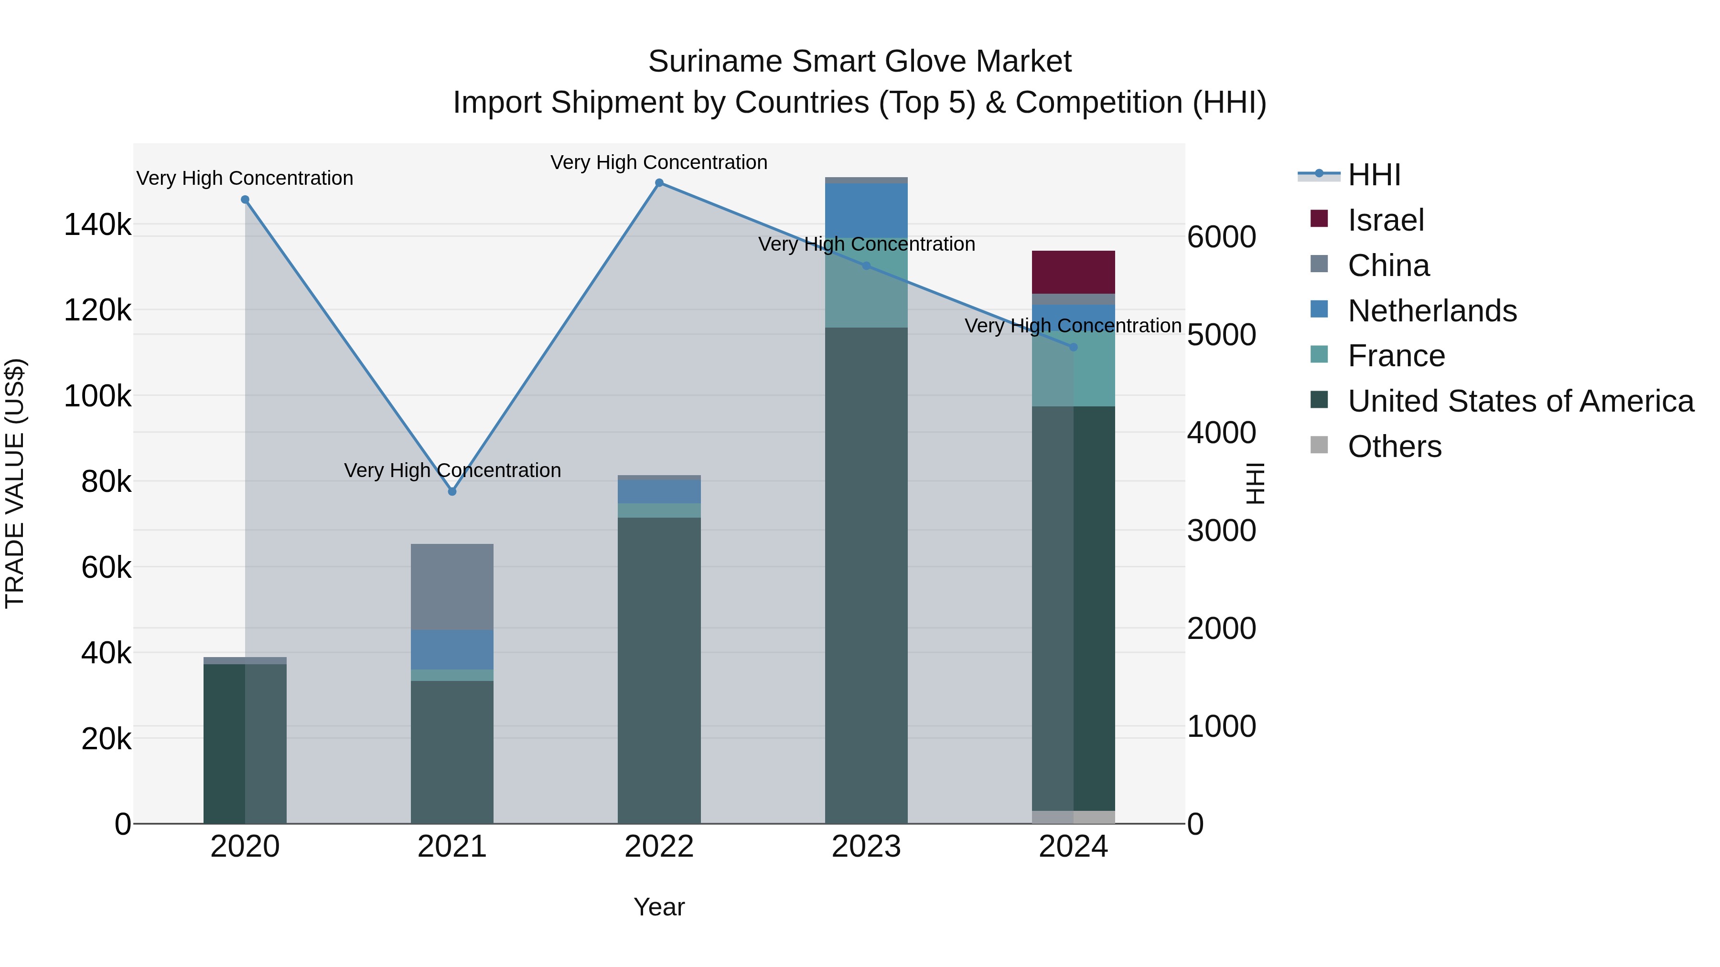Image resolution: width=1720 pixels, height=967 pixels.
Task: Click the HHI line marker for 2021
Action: click(x=452, y=491)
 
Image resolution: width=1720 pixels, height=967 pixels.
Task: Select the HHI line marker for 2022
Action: click(x=659, y=183)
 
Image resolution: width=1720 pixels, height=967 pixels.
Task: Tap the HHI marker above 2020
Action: click(x=245, y=200)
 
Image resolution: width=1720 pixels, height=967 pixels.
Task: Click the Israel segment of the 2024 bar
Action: click(x=1073, y=272)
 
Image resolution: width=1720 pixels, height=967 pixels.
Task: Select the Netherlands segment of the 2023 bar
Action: click(x=866, y=210)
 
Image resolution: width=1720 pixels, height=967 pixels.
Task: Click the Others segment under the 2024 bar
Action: click(x=1073, y=817)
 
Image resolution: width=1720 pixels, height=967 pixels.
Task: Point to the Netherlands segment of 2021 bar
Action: click(x=452, y=649)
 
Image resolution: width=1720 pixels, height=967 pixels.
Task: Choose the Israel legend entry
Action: click(x=1386, y=220)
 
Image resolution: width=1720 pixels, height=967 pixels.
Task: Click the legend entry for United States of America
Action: click(x=1520, y=401)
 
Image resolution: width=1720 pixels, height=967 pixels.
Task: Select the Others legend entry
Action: click(x=1394, y=446)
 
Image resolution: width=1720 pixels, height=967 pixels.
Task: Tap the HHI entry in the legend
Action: click(x=1374, y=175)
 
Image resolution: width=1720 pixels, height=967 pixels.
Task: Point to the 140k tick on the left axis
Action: click(x=97, y=225)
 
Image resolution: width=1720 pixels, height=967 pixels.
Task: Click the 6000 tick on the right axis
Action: click(x=1221, y=237)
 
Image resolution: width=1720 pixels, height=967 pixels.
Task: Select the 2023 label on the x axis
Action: click(x=866, y=847)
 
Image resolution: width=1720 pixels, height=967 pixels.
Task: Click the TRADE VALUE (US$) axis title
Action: click(x=15, y=483)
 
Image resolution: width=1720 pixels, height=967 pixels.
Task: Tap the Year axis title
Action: click(x=659, y=907)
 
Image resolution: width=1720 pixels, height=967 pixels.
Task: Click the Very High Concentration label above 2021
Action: click(x=452, y=470)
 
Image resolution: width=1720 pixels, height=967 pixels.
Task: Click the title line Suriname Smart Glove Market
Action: click(x=860, y=62)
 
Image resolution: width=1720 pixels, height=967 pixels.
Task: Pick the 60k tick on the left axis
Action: click(x=106, y=568)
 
